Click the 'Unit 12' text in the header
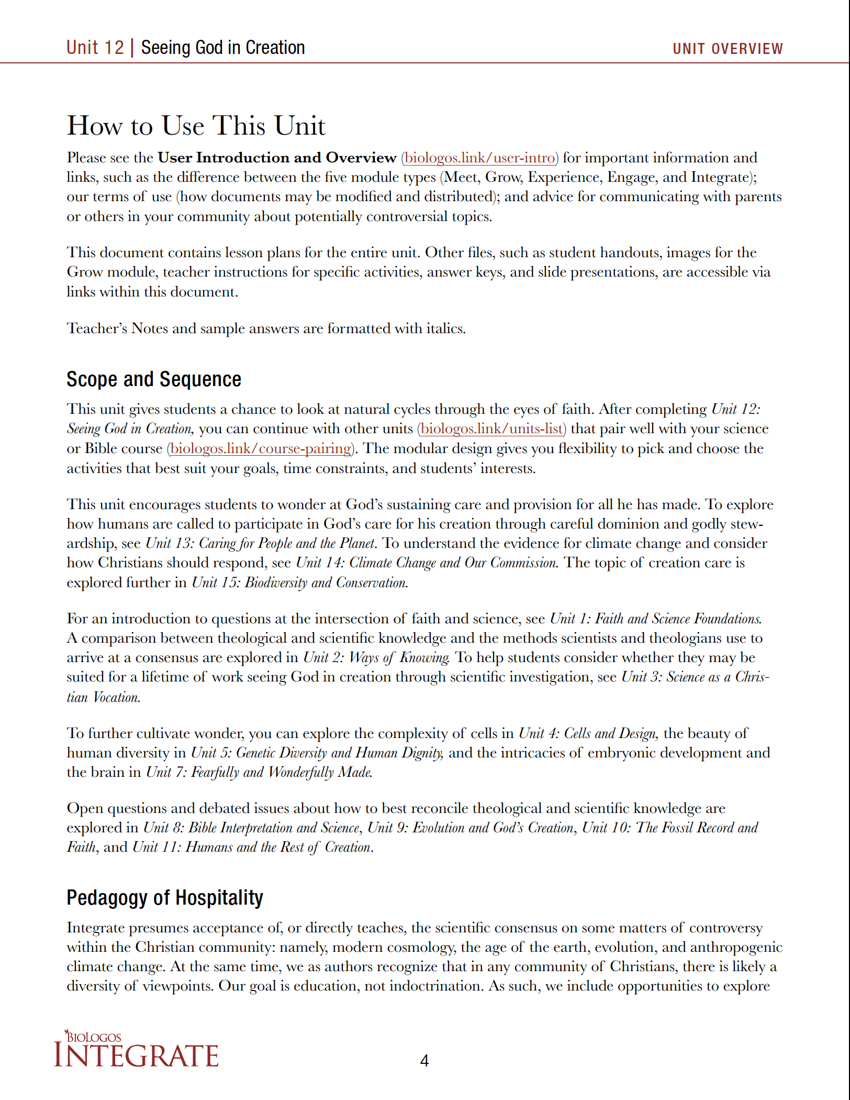pyautogui.click(x=95, y=48)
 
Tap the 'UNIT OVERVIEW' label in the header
pyautogui.click(x=727, y=49)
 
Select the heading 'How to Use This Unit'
pyautogui.click(x=196, y=126)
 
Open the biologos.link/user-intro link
pyautogui.click(x=479, y=158)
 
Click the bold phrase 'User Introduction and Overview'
pyautogui.click(x=277, y=158)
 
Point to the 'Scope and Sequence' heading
pyautogui.click(x=153, y=379)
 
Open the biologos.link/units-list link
pyautogui.click(x=491, y=428)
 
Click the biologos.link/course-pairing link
pyautogui.click(x=261, y=448)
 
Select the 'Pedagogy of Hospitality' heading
pyautogui.click(x=164, y=898)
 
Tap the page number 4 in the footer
pyautogui.click(x=424, y=1061)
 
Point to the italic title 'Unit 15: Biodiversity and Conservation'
pyautogui.click(x=299, y=582)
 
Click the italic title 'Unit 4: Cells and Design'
pyautogui.click(x=588, y=733)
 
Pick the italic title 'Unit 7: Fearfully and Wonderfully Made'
pyautogui.click(x=259, y=772)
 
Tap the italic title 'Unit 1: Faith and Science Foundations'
pyautogui.click(x=655, y=619)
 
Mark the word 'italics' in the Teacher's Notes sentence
pyautogui.click(x=445, y=328)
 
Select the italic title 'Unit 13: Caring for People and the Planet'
pyautogui.click(x=261, y=543)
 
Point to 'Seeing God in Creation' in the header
pyautogui.click(x=223, y=48)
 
